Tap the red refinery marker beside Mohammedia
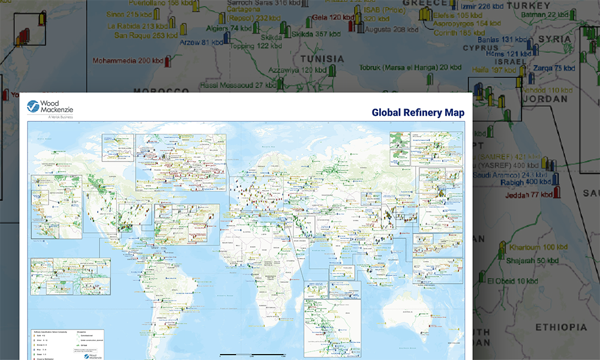coord(168,61)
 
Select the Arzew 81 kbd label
coord(200,43)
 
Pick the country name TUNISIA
coord(323,59)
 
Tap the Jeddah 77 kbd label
coord(528,194)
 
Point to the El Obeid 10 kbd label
coord(513,281)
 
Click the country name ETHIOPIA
coord(561,327)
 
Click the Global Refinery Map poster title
coord(418,112)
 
